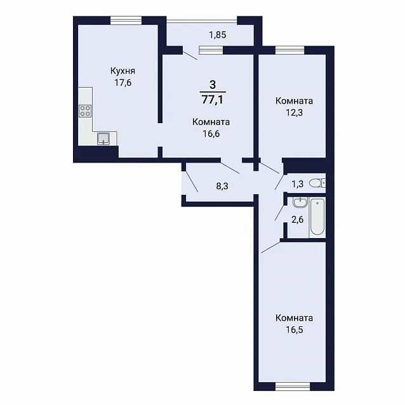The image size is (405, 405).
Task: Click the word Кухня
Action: coord(123,71)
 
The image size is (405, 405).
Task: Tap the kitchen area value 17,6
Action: coord(123,83)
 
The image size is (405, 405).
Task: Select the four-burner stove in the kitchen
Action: coord(85,111)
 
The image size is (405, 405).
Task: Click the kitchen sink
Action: coord(103,138)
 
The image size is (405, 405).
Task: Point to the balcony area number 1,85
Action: coord(218,35)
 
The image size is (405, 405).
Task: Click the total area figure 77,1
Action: coord(213,100)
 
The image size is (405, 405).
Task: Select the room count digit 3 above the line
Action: coord(213,84)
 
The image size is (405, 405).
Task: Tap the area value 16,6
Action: coord(211,134)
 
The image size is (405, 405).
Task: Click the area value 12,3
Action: coord(294,112)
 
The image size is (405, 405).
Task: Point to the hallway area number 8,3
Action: coord(222,186)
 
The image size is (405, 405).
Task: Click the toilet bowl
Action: coord(317,183)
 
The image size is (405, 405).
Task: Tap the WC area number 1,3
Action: coord(297,184)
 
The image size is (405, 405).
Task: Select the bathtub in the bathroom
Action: coord(317,217)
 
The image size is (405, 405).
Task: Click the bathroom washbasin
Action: coord(300,202)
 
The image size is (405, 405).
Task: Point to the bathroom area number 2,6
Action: coord(297,220)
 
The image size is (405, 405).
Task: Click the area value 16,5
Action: coord(294,330)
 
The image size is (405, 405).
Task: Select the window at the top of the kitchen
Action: coord(126,20)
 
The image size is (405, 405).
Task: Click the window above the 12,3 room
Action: coord(290,50)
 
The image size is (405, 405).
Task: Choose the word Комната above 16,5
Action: coord(294,318)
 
